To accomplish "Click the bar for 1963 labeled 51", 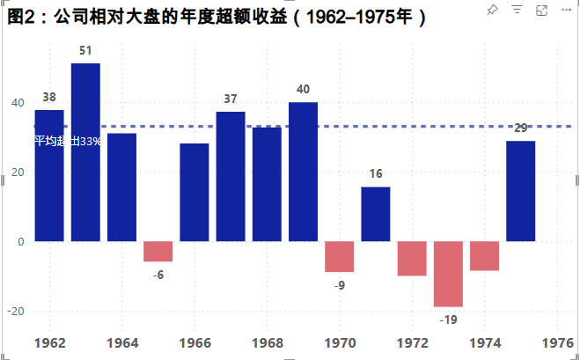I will pyautogui.click(x=85, y=151).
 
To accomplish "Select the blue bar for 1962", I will pyautogui.click(x=49, y=175).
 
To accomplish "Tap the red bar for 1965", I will pyautogui.click(x=158, y=251).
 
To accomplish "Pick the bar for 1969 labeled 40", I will pyautogui.click(x=303, y=172).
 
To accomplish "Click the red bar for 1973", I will pyautogui.click(x=448, y=274).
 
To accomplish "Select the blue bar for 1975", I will pyautogui.click(x=520, y=191).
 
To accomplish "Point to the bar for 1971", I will pyautogui.click(x=376, y=214).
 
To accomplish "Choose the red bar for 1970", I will pyautogui.click(x=339, y=256).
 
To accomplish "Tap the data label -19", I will pyautogui.click(x=448, y=320).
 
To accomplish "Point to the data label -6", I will pyautogui.click(x=158, y=275).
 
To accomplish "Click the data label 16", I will pyautogui.click(x=376, y=173).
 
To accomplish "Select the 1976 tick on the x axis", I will pyautogui.click(x=558, y=342).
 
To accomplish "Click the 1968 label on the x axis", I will pyautogui.click(x=267, y=342).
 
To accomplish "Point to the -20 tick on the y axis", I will pyautogui.click(x=15, y=311).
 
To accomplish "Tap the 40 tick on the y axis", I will pyautogui.click(x=17, y=102).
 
